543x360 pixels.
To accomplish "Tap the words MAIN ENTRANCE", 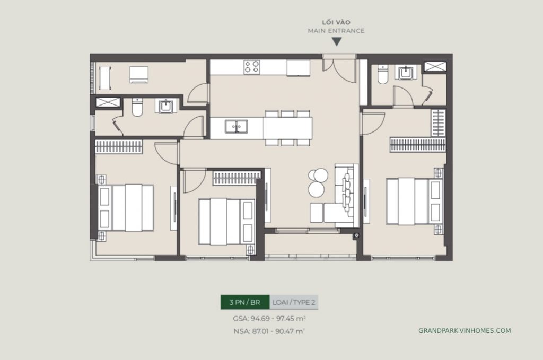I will [x=336, y=31].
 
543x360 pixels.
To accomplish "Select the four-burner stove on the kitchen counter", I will [x=251, y=67].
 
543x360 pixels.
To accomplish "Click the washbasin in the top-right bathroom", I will [x=407, y=72].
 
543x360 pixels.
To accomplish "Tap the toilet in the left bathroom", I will [x=137, y=108].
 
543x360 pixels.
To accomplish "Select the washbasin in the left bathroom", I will [x=165, y=107].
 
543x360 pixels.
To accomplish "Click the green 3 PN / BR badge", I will [x=245, y=302].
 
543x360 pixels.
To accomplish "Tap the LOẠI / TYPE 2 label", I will [x=294, y=302].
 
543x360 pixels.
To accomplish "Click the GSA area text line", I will [x=269, y=319].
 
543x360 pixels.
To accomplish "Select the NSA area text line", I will [x=269, y=331].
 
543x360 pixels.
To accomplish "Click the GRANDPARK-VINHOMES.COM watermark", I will [x=465, y=330].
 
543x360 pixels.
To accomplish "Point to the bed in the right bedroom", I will [x=413, y=201].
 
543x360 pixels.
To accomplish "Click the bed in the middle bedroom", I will [x=226, y=222].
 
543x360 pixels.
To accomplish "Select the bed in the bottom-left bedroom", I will [x=126, y=207].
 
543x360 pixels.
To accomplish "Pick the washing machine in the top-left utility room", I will [x=141, y=74].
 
